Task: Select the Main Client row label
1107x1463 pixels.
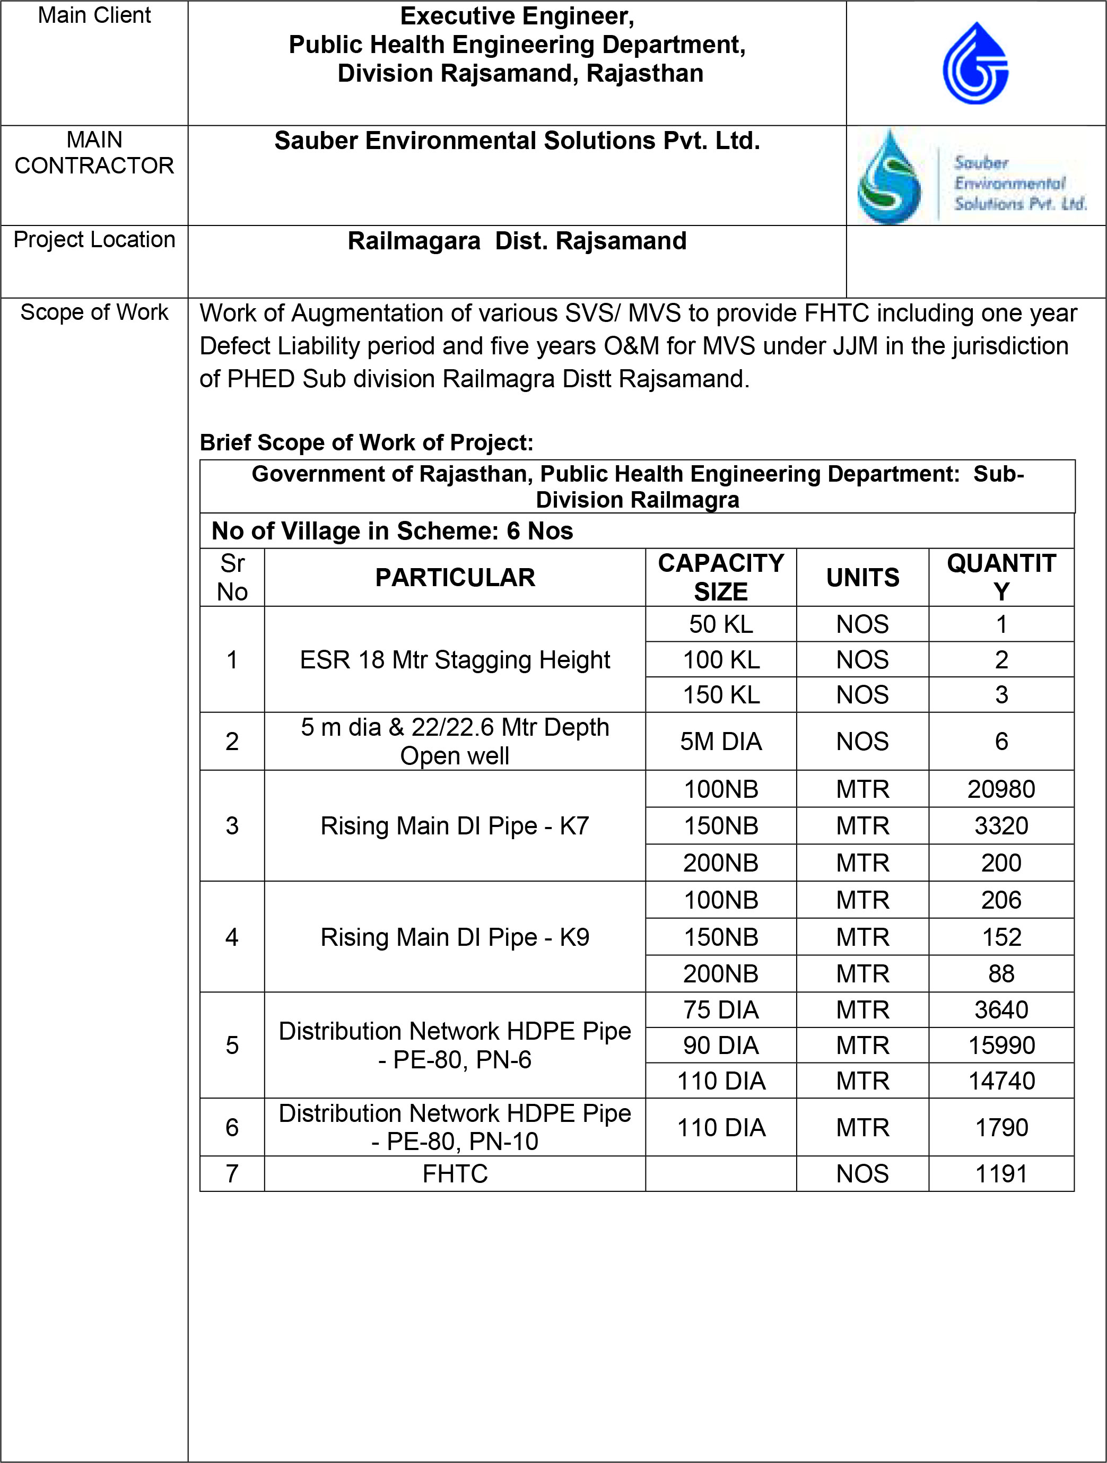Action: pyautogui.click(x=94, y=15)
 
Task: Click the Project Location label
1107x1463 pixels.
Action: pyautogui.click(x=94, y=239)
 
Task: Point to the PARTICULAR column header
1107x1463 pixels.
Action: pyautogui.click(x=455, y=577)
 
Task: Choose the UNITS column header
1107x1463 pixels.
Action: pyautogui.click(x=862, y=577)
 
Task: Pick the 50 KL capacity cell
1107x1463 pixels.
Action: pyautogui.click(x=721, y=624)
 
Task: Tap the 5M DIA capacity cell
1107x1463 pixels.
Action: pyautogui.click(x=721, y=742)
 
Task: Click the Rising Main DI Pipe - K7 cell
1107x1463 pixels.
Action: pyautogui.click(x=455, y=826)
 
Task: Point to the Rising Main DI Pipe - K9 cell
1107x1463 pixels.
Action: pyautogui.click(x=455, y=937)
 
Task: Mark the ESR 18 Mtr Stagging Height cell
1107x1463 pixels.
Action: pyautogui.click(x=455, y=659)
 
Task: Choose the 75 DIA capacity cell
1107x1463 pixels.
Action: pyautogui.click(x=721, y=1010)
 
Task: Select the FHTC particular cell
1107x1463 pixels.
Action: pyautogui.click(x=455, y=1174)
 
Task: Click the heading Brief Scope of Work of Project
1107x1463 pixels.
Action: pyautogui.click(x=367, y=442)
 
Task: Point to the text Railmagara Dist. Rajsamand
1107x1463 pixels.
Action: pyautogui.click(x=517, y=241)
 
